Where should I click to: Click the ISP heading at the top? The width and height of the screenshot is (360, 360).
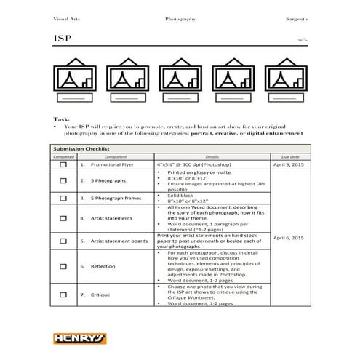[x=62, y=38]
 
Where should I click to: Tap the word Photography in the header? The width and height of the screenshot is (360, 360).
[x=180, y=16]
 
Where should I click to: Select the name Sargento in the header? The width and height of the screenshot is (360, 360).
[x=295, y=16]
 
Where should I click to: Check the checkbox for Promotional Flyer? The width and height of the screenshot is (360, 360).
[x=63, y=166]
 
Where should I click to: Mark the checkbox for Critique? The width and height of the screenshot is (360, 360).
[x=63, y=295]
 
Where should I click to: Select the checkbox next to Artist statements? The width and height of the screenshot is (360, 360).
[x=63, y=217]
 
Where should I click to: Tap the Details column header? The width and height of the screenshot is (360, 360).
[x=212, y=157]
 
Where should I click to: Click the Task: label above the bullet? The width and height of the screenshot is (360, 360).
[x=62, y=119]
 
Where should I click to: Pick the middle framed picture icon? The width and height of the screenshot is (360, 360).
[x=180, y=82]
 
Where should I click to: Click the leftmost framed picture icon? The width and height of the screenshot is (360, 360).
[x=75, y=82]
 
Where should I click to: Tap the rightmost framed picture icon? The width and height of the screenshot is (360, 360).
[x=284, y=82]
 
